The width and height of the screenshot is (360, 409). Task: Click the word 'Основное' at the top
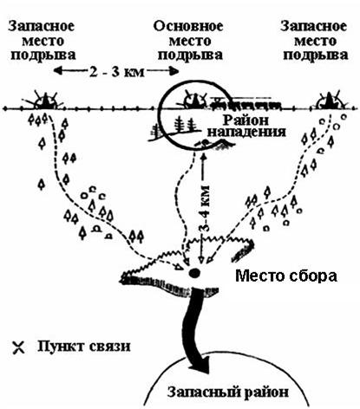coord(188,26)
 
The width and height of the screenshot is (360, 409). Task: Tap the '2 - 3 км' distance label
coord(116,72)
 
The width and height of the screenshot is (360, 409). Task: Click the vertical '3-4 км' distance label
coord(205,208)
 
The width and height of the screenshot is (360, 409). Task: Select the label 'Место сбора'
coord(286,276)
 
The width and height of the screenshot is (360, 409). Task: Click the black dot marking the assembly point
coord(193,272)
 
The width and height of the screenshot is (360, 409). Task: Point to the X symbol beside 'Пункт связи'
coord(19,347)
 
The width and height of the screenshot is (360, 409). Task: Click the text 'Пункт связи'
coord(84,347)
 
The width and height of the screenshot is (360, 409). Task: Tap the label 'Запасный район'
coord(228,393)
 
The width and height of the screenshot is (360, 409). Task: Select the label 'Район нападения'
coord(246,126)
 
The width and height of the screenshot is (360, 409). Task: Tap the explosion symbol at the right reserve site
coord(330,101)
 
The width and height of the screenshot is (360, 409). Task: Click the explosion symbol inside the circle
coord(195,100)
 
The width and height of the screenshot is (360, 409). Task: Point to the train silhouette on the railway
coord(246,103)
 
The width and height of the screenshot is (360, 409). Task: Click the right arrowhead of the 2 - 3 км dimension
coord(174,71)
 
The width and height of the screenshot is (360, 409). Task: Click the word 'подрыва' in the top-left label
coord(43,55)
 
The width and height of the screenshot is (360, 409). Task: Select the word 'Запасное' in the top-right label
coord(314,26)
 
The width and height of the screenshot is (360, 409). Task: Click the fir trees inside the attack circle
coord(184,124)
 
